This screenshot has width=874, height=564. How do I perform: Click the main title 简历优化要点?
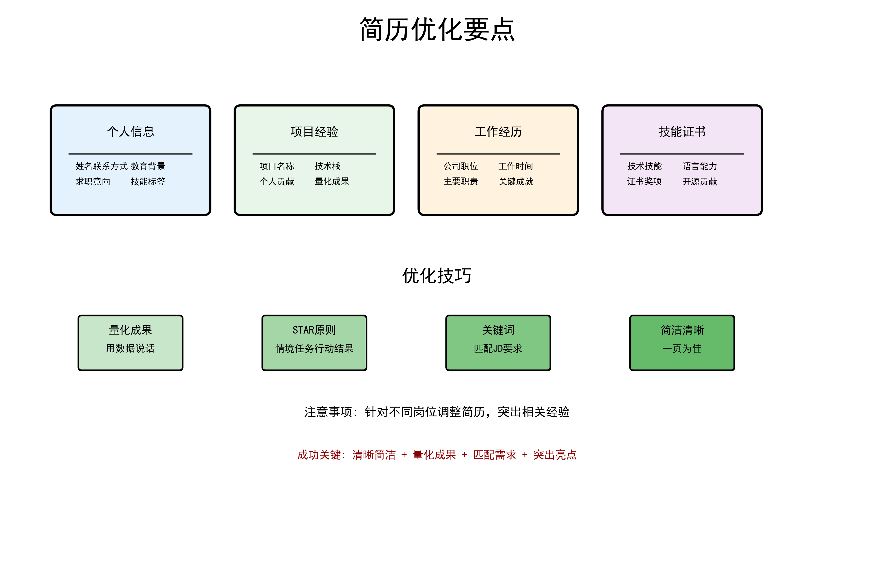pyautogui.click(x=437, y=29)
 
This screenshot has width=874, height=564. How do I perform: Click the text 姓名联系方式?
pyautogui.click(x=102, y=166)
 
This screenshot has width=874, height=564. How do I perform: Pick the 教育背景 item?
pyautogui.click(x=148, y=166)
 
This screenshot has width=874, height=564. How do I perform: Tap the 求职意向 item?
pyautogui.click(x=93, y=182)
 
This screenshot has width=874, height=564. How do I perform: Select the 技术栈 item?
pyautogui.click(x=327, y=166)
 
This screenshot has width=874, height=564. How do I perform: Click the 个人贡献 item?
pyautogui.click(x=277, y=182)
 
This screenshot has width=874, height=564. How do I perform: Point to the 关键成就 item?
pyautogui.click(x=516, y=182)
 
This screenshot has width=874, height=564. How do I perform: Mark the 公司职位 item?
pyautogui.click(x=461, y=166)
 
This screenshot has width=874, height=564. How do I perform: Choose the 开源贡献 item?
pyautogui.click(x=700, y=182)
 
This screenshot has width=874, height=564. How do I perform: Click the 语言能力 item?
pyautogui.click(x=700, y=166)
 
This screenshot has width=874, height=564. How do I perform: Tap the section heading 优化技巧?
pyautogui.click(x=437, y=275)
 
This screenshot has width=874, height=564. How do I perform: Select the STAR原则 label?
pyautogui.click(x=314, y=330)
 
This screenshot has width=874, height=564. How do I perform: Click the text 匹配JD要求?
pyautogui.click(x=498, y=348)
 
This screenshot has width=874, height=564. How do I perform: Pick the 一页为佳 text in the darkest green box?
pyautogui.click(x=682, y=348)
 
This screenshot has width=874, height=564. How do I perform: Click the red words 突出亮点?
pyautogui.click(x=555, y=455)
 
